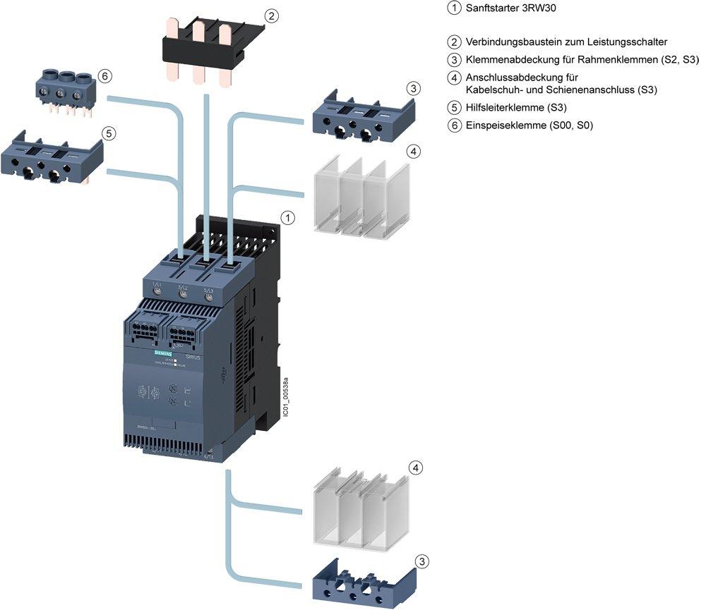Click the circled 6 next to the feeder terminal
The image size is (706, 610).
pos(105,75)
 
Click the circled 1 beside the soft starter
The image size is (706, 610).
pos(287,218)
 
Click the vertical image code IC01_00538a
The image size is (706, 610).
pos(285,398)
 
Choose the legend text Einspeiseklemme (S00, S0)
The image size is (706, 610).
pos(529,126)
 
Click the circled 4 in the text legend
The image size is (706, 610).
pos(454,76)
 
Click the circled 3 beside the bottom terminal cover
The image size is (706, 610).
pos(421,562)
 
